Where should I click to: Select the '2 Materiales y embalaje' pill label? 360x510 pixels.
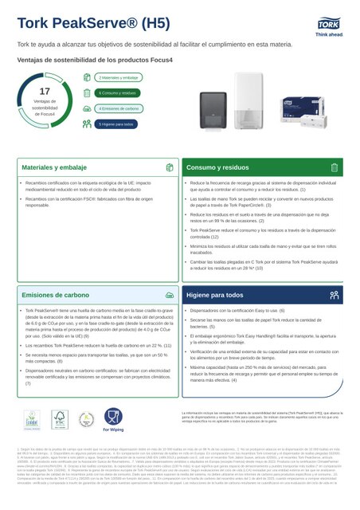tap(119, 77)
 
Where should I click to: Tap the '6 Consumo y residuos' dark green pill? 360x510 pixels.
tap(119, 93)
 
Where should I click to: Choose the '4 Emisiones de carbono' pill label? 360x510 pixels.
tap(120, 108)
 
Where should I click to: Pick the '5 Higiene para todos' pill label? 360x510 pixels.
tap(118, 124)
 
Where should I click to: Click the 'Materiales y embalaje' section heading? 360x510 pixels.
tap(55, 167)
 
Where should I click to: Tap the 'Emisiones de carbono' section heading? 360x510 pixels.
tap(56, 295)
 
